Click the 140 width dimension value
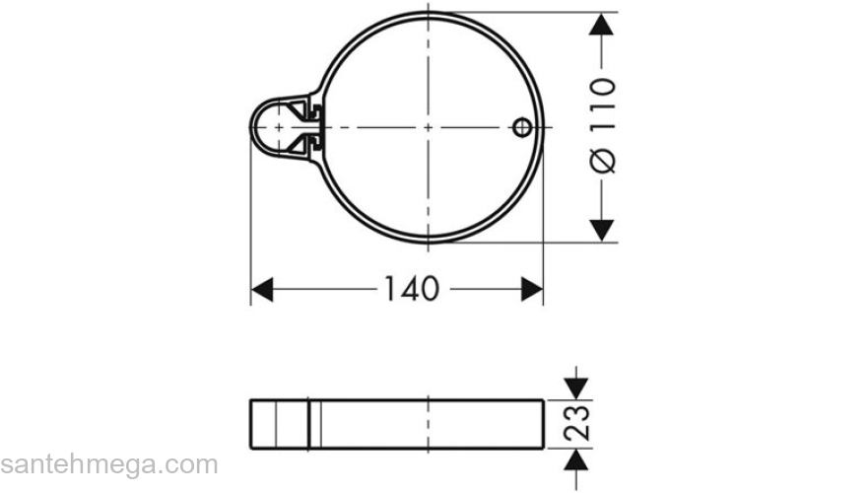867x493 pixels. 411,289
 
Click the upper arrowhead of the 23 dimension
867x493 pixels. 577,386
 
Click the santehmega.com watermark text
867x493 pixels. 108,464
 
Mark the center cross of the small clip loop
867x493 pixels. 279,127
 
